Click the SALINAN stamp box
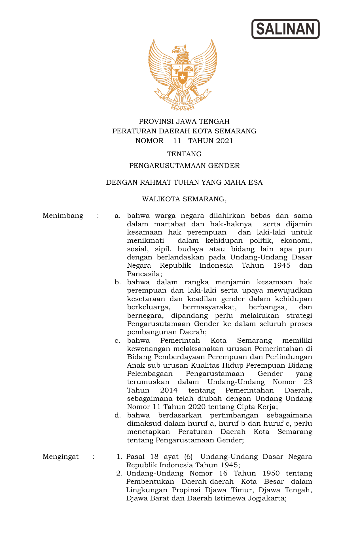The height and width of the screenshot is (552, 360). [x=285, y=29]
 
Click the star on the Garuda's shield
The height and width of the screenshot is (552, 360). [x=183, y=77]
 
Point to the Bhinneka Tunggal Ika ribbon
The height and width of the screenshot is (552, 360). [x=183, y=101]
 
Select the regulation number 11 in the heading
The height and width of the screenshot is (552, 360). [x=177, y=141]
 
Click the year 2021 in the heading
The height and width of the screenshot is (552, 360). [x=224, y=141]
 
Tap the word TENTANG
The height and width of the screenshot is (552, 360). [x=184, y=154]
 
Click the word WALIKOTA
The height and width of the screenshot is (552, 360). [x=161, y=199]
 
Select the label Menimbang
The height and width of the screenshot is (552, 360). [x=63, y=216]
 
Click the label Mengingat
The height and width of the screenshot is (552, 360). [x=61, y=457]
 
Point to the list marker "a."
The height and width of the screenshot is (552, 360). [x=117, y=216]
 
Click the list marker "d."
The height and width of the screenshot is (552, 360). [x=117, y=415]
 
